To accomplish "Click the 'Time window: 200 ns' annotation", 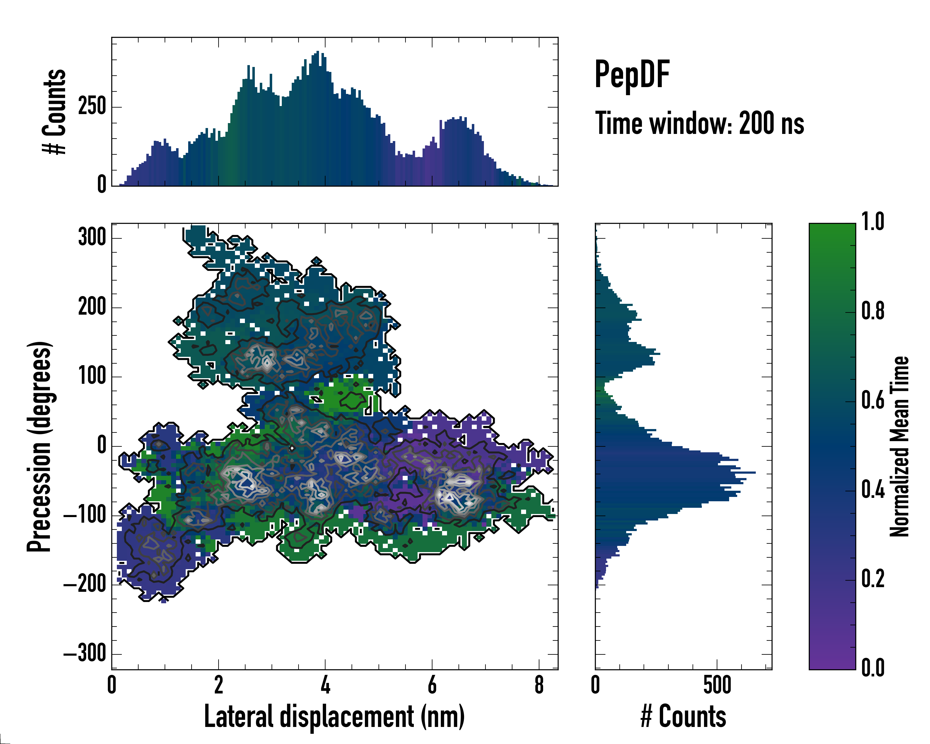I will [700, 123].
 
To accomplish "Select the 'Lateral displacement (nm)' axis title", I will [334, 716].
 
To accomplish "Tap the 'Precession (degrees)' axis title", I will [40, 446].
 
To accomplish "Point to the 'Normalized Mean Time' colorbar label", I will [899, 446].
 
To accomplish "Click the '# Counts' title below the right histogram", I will [683, 716].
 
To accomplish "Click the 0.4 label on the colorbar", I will [873, 490].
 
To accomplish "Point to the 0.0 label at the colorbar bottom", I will [873, 668].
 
